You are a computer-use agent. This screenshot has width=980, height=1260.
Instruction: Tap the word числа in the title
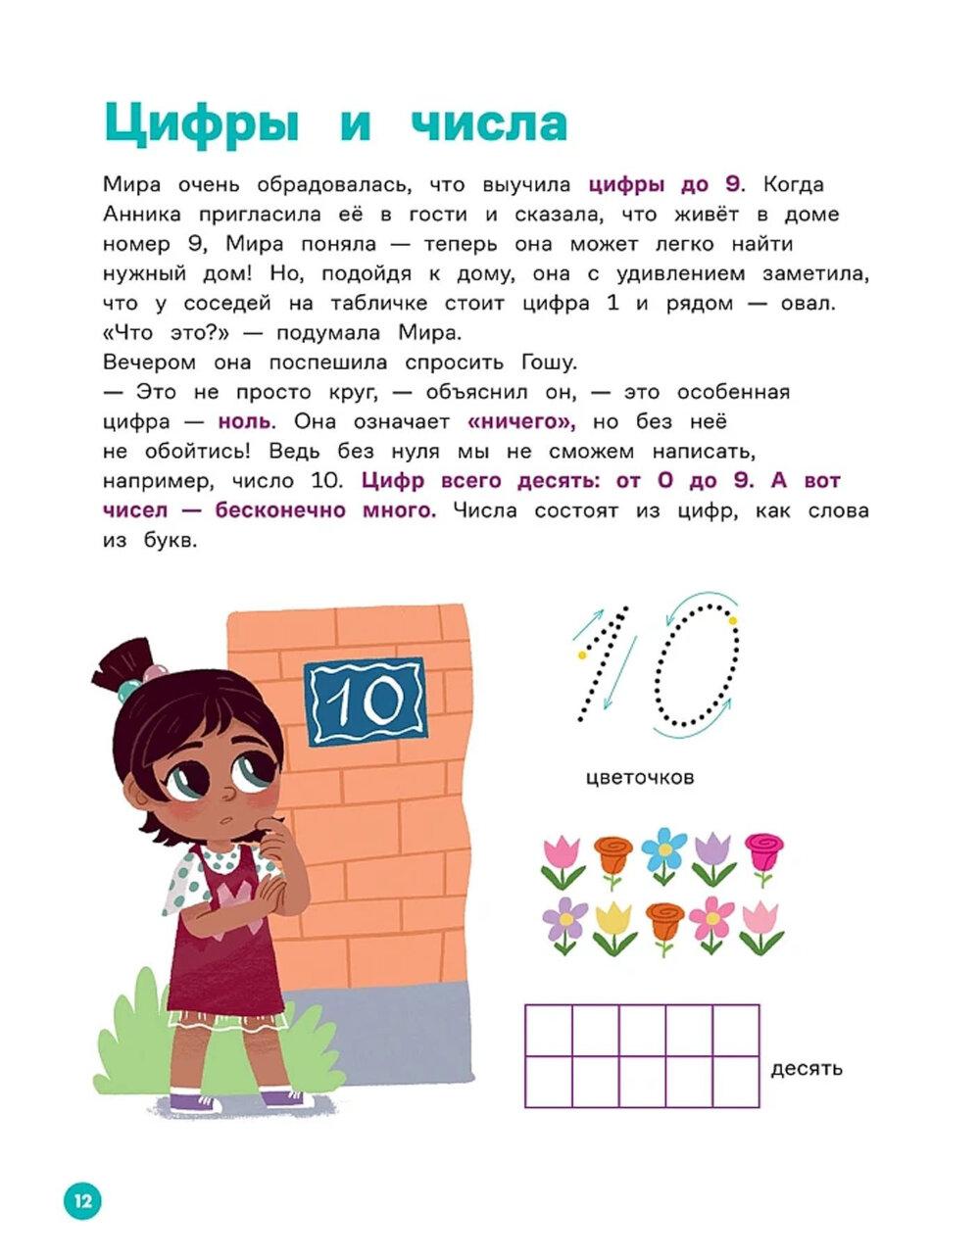489,125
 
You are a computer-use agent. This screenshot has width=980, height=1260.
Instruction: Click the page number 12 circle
82,1200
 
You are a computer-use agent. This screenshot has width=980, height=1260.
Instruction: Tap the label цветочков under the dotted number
639,778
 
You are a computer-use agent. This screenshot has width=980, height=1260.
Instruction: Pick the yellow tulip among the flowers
613,924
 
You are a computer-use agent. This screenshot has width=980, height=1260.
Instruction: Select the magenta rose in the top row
763,852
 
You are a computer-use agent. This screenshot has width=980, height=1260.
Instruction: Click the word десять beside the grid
807,1068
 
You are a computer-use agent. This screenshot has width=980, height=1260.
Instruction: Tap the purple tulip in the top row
713,854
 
